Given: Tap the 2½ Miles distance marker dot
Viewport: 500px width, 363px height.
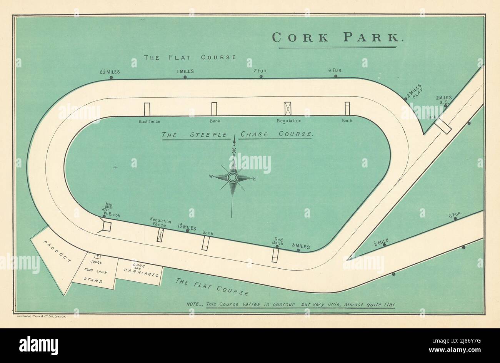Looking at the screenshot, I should pyautogui.click(x=111, y=77).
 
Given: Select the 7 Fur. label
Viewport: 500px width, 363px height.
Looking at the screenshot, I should pyautogui.click(x=261, y=71).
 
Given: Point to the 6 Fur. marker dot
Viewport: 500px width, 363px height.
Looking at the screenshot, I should pyautogui.click(x=336, y=76).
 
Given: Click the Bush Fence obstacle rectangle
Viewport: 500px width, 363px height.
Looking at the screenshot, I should pyautogui.click(x=147, y=109).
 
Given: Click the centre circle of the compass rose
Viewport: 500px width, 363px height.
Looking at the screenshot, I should pyautogui.click(x=232, y=177).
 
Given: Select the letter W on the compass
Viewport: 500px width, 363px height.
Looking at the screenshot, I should pyautogui.click(x=211, y=176).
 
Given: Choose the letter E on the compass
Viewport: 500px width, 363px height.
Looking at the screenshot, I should pyautogui.click(x=254, y=178).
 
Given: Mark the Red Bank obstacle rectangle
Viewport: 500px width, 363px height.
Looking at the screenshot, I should pyautogui.click(x=275, y=254).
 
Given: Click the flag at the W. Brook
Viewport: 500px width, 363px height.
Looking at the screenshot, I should pyautogui.click(x=108, y=206).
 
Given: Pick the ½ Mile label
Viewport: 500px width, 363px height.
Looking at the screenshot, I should pyautogui.click(x=381, y=242).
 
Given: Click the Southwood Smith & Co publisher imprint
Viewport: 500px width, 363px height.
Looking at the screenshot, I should pyautogui.click(x=42, y=316).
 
